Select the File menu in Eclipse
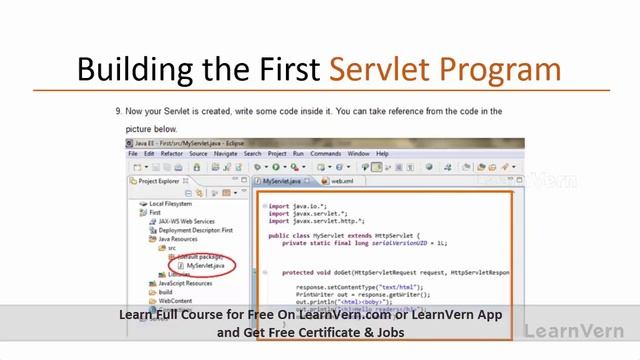tap(133, 154)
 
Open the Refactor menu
tap(172, 154)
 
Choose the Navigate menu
tap(225, 154)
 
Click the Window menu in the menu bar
tap(359, 154)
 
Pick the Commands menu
tap(326, 154)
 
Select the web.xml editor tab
tap(343, 182)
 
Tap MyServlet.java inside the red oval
tap(206, 266)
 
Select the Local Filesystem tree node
tap(171, 204)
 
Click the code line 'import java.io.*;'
tap(295, 206)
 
